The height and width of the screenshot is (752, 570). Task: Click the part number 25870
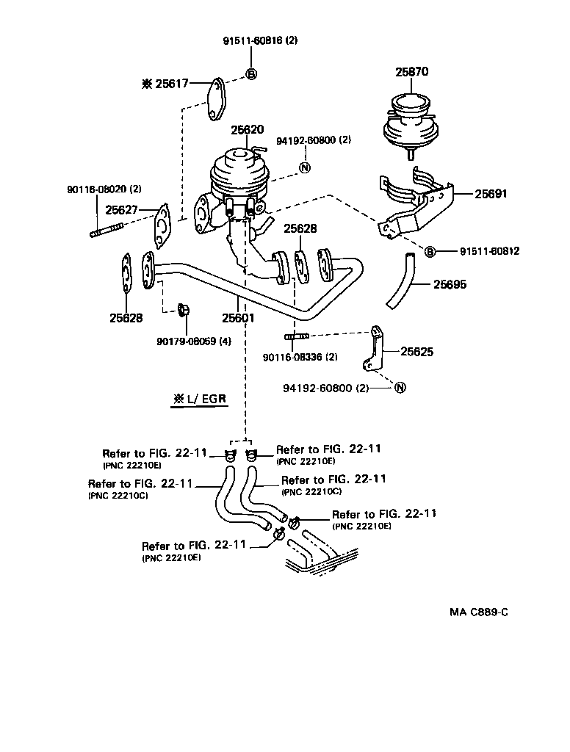tap(411, 72)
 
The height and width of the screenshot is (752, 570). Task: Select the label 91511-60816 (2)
tap(260, 41)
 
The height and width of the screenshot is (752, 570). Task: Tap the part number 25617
tap(170, 84)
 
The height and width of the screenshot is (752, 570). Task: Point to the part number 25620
tap(247, 129)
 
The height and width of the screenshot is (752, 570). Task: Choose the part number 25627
tap(122, 210)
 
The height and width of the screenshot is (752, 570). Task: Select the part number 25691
tap(491, 194)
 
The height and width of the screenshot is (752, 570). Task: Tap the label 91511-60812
tap(490, 251)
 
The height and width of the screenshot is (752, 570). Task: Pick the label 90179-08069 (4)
tap(194, 341)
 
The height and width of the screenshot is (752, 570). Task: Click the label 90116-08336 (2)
tap(300, 358)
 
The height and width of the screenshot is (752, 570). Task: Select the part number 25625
tap(416, 352)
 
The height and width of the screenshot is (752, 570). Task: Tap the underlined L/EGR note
tap(199, 400)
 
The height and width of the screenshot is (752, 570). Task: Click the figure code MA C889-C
tap(478, 612)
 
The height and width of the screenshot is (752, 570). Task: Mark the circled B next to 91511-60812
tap(430, 252)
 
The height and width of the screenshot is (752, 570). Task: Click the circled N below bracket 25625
tap(400, 388)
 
